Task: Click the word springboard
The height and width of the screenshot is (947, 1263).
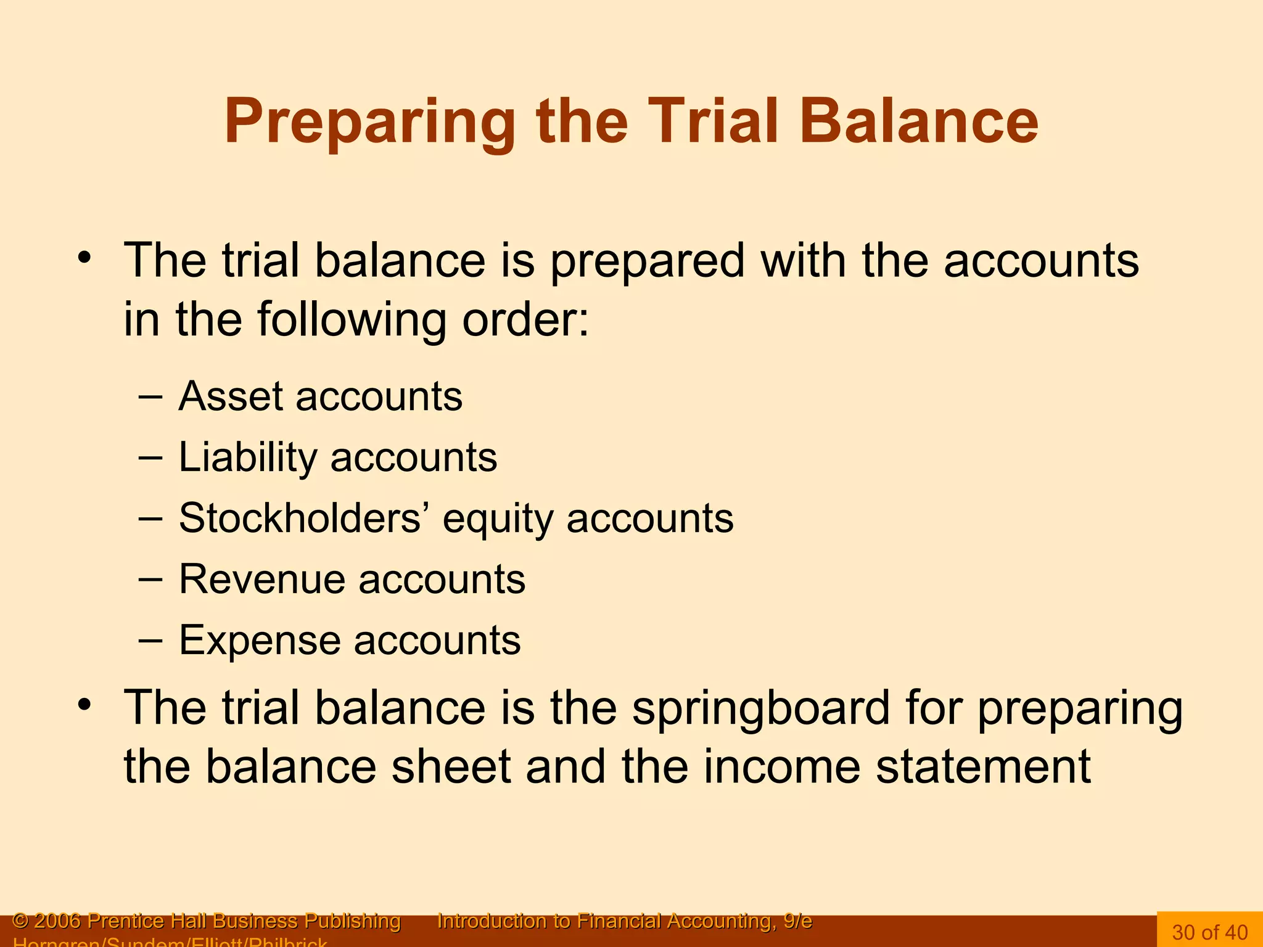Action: pyautogui.click(x=760, y=709)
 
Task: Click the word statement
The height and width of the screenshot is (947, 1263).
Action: pyautogui.click(x=983, y=767)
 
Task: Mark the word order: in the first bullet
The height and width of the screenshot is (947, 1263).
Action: pyautogui.click(x=525, y=319)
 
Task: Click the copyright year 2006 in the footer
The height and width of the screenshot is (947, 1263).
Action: pyautogui.click(x=57, y=921)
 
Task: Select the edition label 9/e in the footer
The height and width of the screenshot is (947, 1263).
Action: pyautogui.click(x=797, y=921)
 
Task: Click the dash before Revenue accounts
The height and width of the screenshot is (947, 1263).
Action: pyautogui.click(x=150, y=580)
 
